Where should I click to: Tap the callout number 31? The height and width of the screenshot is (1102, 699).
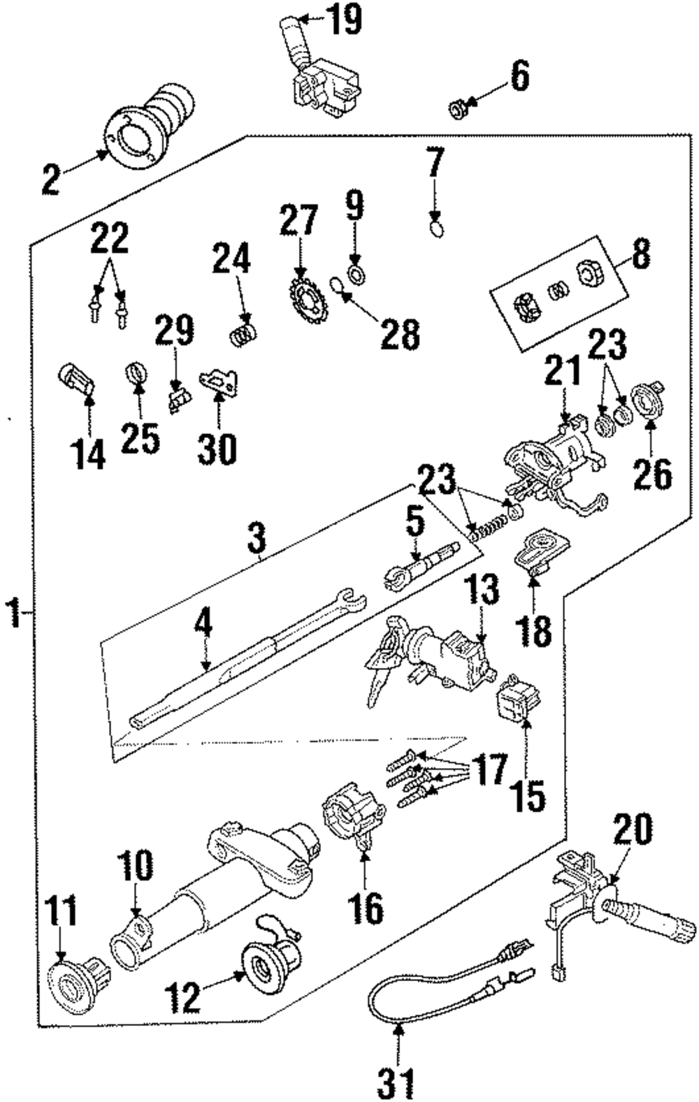pyautogui.click(x=396, y=1083)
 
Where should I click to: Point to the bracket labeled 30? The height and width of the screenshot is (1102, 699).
pyautogui.click(x=219, y=381)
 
